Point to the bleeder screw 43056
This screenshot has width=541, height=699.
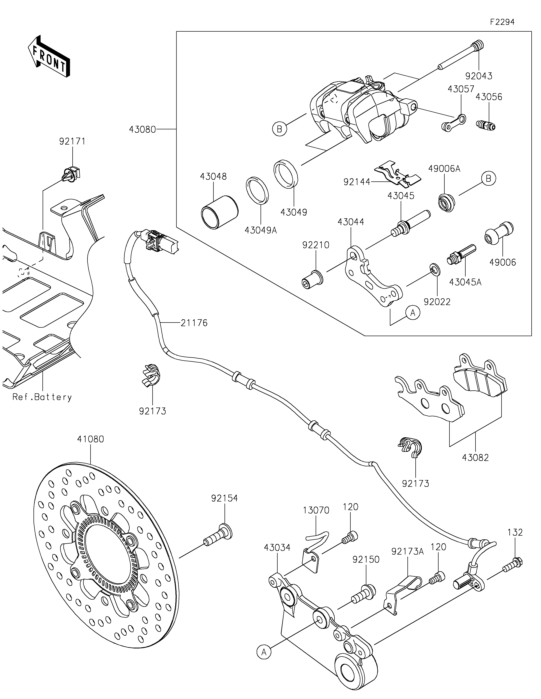point(486,125)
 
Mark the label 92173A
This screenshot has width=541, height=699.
point(408,551)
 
